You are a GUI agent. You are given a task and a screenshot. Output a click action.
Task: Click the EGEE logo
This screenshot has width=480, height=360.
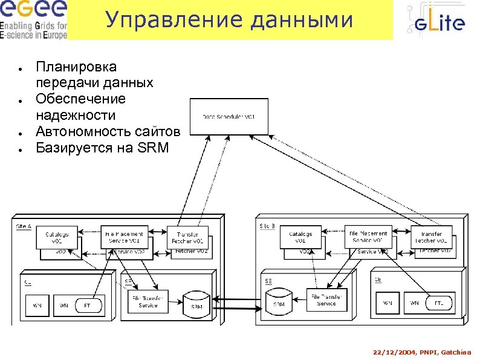point(34,19)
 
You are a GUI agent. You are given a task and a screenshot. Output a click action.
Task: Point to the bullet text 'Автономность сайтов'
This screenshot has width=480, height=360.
point(108,131)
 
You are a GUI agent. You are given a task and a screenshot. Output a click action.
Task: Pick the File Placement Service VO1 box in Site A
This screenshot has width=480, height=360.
point(125,237)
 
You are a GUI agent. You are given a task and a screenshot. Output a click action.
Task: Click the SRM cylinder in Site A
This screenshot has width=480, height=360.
point(196,303)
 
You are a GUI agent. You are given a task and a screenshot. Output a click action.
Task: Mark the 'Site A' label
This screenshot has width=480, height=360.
point(24,226)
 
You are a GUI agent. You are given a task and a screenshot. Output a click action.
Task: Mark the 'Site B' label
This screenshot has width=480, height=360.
point(267,226)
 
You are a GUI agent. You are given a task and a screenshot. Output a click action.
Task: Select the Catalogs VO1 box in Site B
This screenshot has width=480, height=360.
point(300,237)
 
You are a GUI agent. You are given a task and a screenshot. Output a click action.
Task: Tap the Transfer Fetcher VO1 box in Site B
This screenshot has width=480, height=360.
point(431,237)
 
